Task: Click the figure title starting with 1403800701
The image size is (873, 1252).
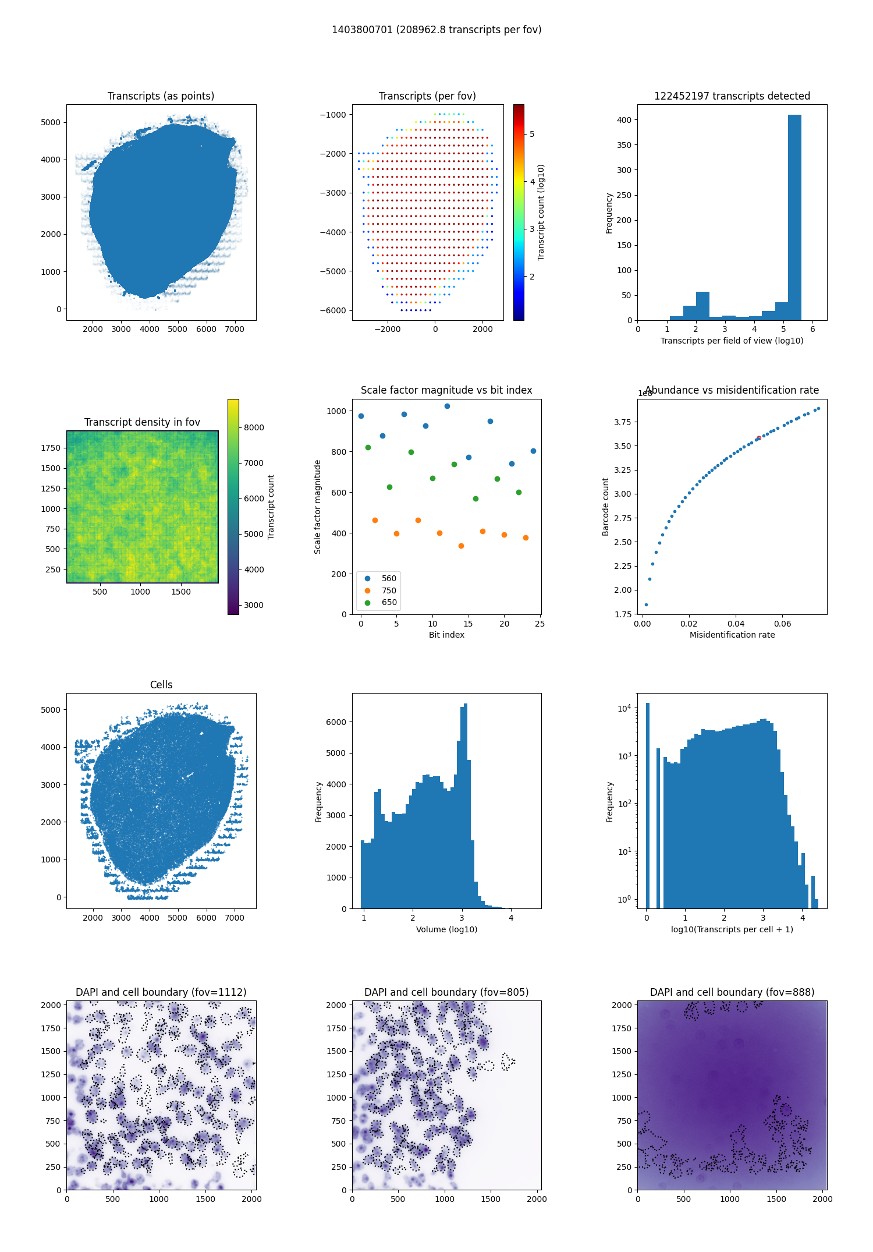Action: (x=436, y=30)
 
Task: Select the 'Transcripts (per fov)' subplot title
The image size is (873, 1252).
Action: (x=427, y=96)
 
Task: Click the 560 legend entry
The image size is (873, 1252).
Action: (x=388, y=578)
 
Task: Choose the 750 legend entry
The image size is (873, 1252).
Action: (x=388, y=590)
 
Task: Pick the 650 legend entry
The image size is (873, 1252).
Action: (x=388, y=603)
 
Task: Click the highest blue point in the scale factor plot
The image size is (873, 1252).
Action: (x=447, y=406)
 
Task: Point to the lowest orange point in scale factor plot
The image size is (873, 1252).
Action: (x=461, y=546)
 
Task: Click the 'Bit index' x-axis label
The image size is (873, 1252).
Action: (x=446, y=635)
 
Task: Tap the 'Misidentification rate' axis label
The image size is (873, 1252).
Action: (x=732, y=635)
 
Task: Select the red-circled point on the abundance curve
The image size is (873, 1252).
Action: (x=758, y=438)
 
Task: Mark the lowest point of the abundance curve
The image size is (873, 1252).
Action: (x=646, y=604)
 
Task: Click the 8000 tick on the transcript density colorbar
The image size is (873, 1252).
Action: (x=254, y=427)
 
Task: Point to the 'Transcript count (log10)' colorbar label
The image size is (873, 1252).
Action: (x=541, y=213)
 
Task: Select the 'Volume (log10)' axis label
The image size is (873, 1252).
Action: (x=446, y=929)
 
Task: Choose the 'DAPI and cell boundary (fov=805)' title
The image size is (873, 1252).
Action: (x=446, y=992)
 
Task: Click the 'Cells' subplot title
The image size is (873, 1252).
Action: (x=161, y=685)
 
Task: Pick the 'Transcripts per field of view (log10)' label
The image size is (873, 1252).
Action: (x=732, y=341)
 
